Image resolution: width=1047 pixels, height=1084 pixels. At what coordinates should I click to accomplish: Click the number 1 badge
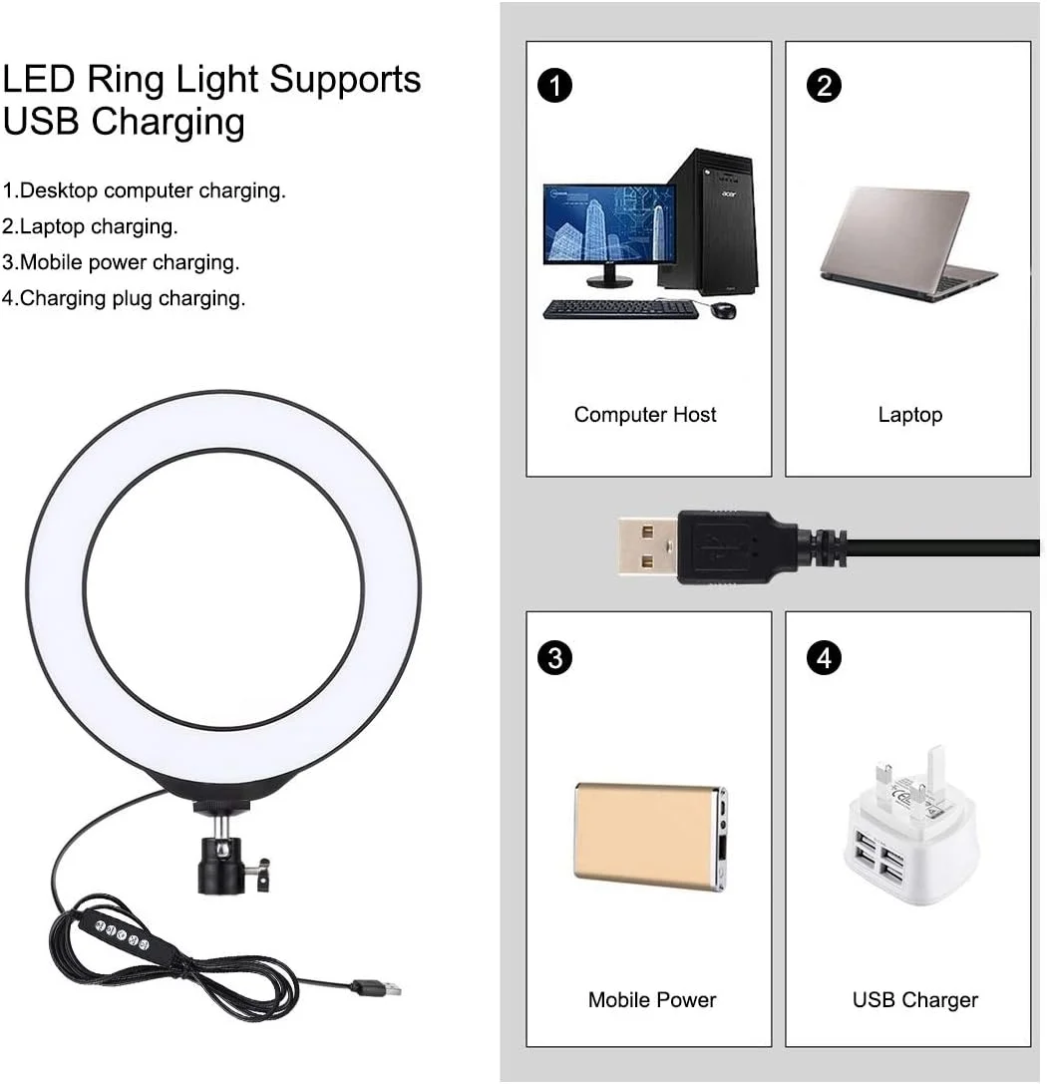[x=554, y=87]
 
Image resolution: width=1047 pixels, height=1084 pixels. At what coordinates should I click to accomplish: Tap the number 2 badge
[x=824, y=87]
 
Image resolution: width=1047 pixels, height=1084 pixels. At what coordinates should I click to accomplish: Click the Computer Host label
[x=645, y=415]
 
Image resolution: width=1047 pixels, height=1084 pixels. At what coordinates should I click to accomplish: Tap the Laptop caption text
[x=909, y=415]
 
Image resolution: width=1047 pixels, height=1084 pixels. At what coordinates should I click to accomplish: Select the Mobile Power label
[x=652, y=999]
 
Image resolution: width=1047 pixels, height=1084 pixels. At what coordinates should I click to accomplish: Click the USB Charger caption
[x=914, y=999]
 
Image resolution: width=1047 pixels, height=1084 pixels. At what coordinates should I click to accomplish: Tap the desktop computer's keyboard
[x=619, y=309]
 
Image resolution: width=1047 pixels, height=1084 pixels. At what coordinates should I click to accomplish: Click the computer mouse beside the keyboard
[x=725, y=311]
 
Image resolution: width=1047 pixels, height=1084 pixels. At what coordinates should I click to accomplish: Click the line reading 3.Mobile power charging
[x=121, y=262]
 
